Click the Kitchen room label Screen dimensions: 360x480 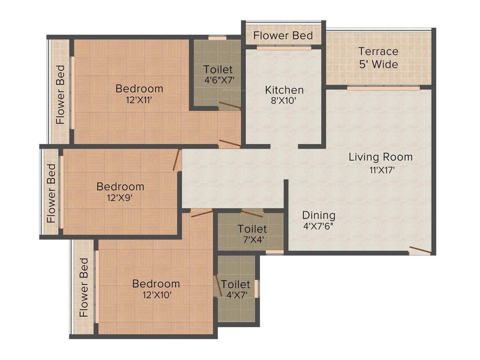(284, 90)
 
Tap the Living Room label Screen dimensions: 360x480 (380, 157)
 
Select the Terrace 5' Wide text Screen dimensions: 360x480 (378, 58)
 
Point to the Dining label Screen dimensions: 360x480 (319, 215)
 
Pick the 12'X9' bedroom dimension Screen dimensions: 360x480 (120, 198)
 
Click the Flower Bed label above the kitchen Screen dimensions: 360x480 (283, 36)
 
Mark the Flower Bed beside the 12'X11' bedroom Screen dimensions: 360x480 (60, 94)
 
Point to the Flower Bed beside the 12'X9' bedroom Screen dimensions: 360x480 (51, 193)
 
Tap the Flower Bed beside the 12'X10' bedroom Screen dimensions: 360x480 (84, 287)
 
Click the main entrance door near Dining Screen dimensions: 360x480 (420, 250)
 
